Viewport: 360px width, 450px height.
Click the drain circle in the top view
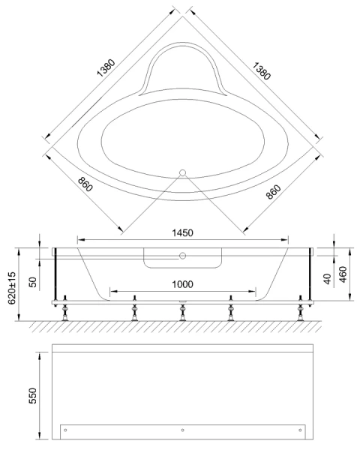coord(181,172)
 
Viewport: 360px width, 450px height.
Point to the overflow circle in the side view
coord(181,255)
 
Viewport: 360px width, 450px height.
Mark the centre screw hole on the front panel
coord(182,430)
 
